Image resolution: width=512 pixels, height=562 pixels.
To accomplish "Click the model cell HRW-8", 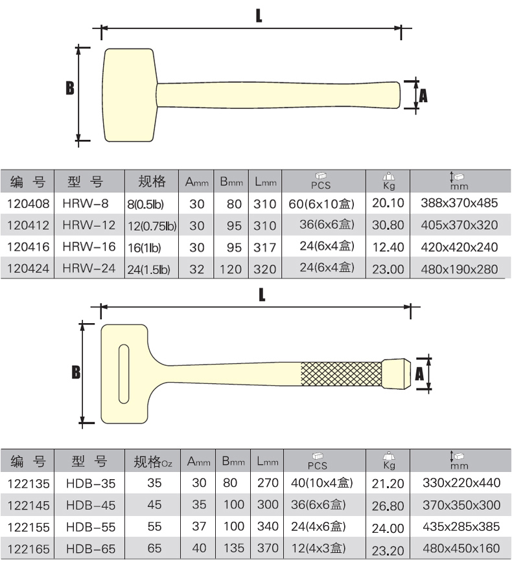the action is (85, 203).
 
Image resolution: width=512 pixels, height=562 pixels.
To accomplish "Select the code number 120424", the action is (28, 268).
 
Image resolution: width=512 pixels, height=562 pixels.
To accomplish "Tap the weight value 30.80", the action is (388, 225).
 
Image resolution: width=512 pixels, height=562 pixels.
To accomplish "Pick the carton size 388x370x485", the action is (460, 203).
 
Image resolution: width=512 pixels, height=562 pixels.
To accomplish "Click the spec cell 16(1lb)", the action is (145, 248).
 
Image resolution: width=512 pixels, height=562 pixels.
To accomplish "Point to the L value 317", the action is (265, 247).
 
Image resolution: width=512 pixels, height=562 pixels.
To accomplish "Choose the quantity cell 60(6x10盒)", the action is (321, 204).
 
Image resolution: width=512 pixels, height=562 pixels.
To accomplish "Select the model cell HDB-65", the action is (91, 549).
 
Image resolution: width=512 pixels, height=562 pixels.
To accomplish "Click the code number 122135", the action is (29, 484).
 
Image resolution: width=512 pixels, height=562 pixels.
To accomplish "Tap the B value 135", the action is (233, 548).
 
